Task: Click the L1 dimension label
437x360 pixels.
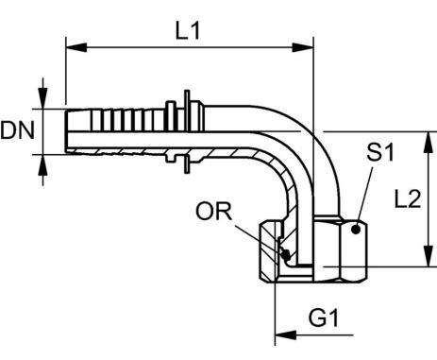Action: [188, 31]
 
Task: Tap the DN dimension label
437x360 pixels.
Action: [17, 130]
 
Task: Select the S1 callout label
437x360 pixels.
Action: [380, 152]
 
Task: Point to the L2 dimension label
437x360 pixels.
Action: [408, 198]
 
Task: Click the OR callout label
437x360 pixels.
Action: [213, 211]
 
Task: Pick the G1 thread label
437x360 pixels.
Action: [324, 317]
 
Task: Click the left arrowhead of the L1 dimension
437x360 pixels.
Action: [76, 47]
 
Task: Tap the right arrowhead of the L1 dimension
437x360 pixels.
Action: [303, 47]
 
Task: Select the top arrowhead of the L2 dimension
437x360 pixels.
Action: [428, 143]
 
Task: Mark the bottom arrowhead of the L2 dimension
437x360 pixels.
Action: [428, 256]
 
